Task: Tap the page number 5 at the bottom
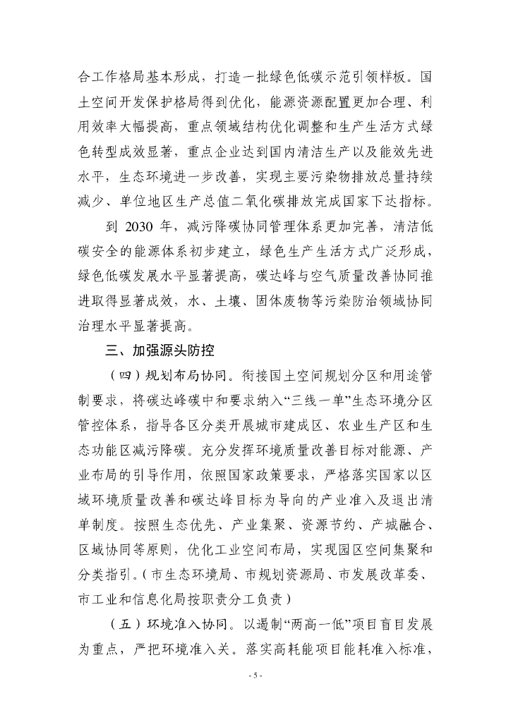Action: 255,675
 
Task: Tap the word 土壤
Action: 229,303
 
